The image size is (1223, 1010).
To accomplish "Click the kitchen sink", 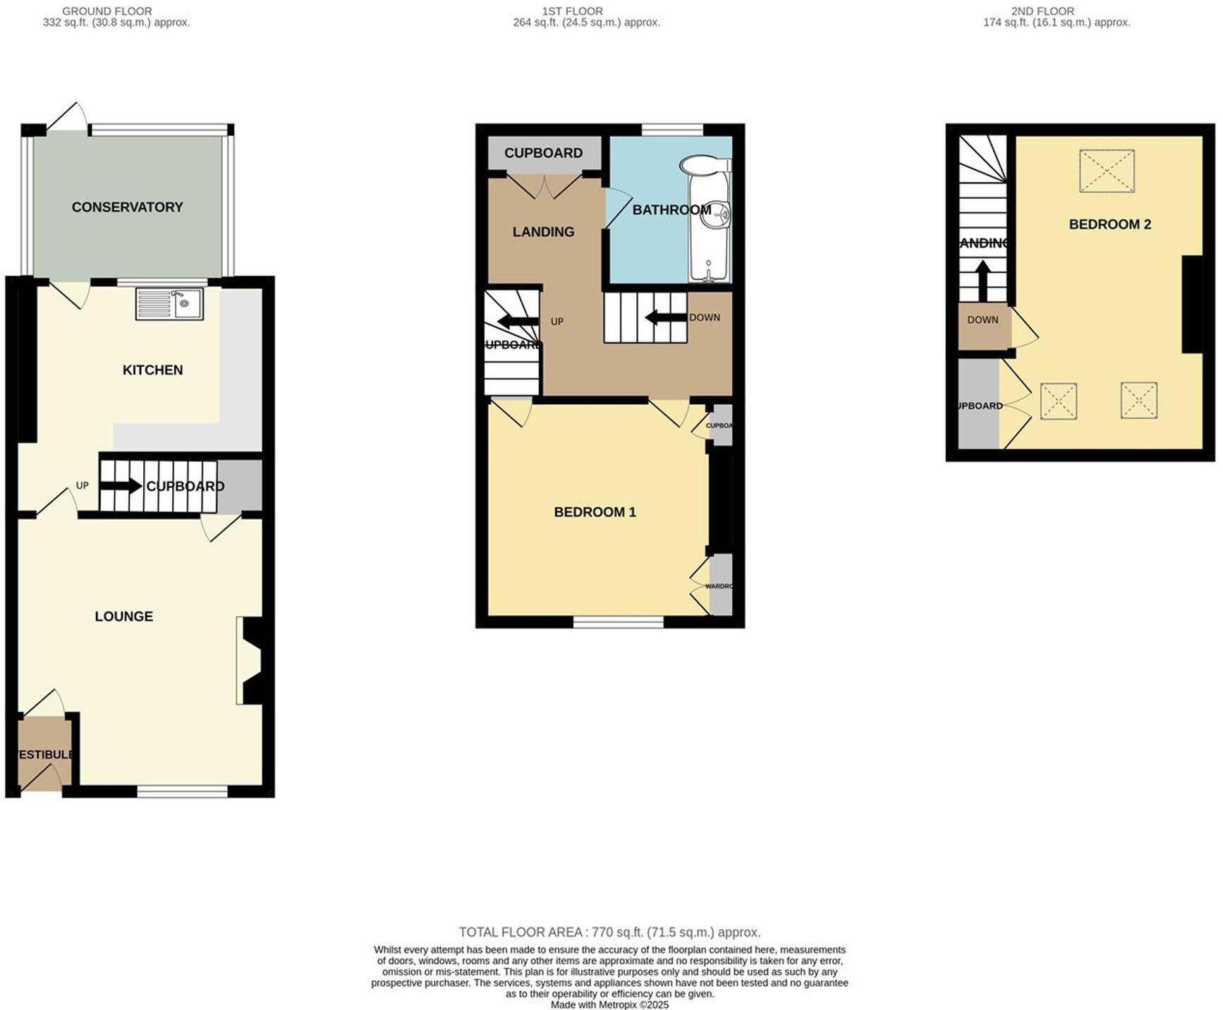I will (x=170, y=303).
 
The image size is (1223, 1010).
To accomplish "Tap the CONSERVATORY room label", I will (x=127, y=207).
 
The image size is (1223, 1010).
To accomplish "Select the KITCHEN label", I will (x=152, y=370).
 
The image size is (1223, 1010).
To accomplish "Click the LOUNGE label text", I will (x=123, y=616).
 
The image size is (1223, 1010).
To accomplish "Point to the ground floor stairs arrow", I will (x=121, y=485).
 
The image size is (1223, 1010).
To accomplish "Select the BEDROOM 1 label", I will (x=595, y=512).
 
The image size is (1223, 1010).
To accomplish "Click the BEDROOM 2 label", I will (x=1109, y=224).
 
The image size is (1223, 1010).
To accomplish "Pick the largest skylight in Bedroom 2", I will (x=1107, y=171).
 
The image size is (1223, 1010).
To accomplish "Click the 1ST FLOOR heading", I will (x=572, y=11).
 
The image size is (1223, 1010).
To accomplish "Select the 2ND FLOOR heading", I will (x=1042, y=11).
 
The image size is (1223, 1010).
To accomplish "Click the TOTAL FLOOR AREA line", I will (x=609, y=932).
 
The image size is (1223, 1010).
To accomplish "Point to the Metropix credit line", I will (x=609, y=1004).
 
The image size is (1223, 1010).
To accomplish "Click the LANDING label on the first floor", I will (x=543, y=231).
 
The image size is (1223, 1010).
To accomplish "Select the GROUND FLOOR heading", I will (x=107, y=11).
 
